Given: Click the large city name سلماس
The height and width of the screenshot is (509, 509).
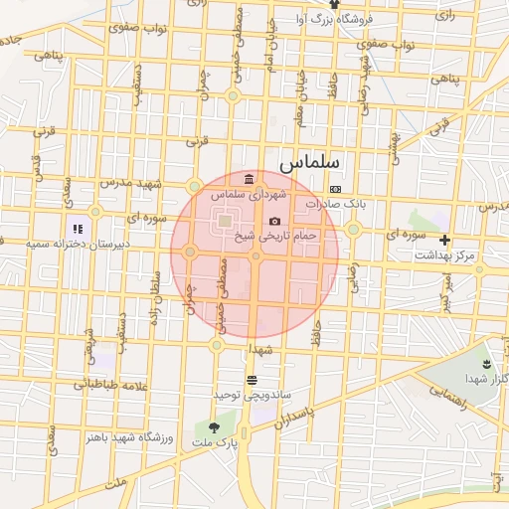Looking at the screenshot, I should click(309, 161).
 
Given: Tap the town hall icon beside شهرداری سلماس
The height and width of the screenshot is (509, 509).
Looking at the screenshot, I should click(248, 178).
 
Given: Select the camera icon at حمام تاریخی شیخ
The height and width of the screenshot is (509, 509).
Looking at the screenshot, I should click(274, 221).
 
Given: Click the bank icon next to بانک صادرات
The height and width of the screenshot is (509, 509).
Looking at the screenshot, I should click(335, 189).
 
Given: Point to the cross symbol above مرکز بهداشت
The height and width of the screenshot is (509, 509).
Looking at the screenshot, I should click(444, 240).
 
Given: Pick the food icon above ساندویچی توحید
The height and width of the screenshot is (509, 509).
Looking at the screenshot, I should click(252, 380).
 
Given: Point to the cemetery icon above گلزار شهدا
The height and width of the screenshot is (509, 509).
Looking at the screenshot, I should click(486, 365).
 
